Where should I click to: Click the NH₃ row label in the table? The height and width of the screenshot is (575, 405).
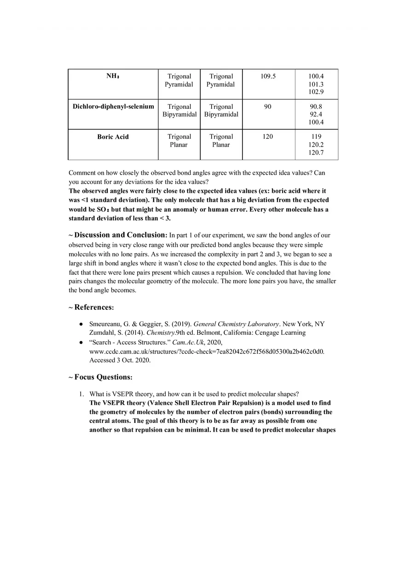[x=113, y=76]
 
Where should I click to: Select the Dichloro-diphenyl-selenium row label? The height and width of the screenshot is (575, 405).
[x=113, y=107]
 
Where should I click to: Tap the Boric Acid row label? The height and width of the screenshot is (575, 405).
[x=113, y=137]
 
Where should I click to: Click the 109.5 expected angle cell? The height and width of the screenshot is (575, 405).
[x=268, y=77]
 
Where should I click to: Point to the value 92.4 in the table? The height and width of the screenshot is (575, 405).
[x=316, y=114]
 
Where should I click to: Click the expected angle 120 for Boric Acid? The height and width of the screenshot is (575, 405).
[x=268, y=137]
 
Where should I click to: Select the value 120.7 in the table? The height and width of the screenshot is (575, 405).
[x=316, y=153]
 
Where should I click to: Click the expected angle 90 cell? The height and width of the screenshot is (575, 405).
[x=268, y=107]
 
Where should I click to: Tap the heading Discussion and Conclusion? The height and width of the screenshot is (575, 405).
[x=120, y=235]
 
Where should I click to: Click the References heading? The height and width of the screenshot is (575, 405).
[x=93, y=307]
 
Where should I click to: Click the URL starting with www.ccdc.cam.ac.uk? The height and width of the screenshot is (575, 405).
[x=207, y=351]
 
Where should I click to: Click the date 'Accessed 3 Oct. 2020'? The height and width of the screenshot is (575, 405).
[x=120, y=360]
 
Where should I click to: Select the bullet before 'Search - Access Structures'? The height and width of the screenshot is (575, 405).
[x=81, y=342]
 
